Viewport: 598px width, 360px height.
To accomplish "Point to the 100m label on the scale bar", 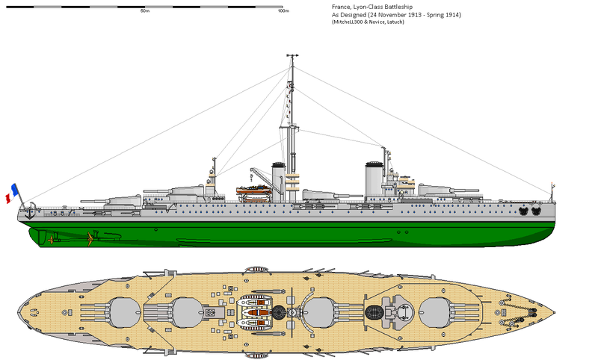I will click(283, 11).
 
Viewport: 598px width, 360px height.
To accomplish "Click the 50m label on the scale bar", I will click(144, 11).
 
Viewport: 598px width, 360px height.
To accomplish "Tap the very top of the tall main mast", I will click(291, 55).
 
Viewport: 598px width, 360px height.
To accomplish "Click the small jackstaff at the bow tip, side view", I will click(552, 191).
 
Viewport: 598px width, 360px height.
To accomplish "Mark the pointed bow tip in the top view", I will click(557, 311).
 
